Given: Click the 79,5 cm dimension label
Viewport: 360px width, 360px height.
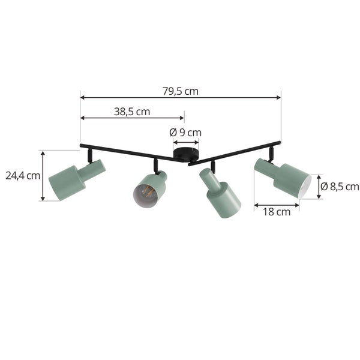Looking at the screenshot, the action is pyautogui.click(x=181, y=91).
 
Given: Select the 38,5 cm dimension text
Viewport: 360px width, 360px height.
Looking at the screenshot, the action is pyautogui.click(x=132, y=112).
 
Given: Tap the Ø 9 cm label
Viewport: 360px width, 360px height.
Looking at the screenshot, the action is pyautogui.click(x=185, y=133).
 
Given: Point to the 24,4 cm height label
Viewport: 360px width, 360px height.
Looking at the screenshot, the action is pyautogui.click(x=23, y=176).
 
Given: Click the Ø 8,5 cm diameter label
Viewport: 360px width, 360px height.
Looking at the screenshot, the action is pyautogui.click(x=340, y=187).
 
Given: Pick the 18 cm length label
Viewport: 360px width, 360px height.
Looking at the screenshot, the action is pyautogui.click(x=277, y=212).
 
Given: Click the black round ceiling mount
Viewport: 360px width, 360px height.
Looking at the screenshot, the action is pyautogui.click(x=186, y=154).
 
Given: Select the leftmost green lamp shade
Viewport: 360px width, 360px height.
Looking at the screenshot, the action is pyautogui.click(x=77, y=179).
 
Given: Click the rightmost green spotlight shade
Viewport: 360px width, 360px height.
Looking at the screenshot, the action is pyautogui.click(x=283, y=178).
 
